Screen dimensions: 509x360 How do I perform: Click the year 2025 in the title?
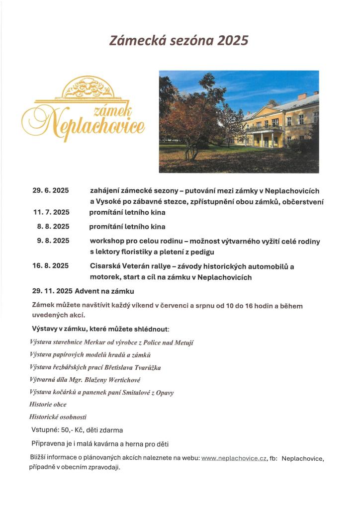pyautogui.click(x=230, y=41)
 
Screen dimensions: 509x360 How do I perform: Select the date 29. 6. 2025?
pyautogui.click(x=51, y=191)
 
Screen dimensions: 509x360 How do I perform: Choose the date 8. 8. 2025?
pyautogui.click(x=53, y=226)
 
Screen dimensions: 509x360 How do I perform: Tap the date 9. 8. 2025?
pyautogui.click(x=53, y=241)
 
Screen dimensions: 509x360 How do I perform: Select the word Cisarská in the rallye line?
pyautogui.click(x=105, y=266)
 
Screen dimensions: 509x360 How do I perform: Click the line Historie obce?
pyautogui.click(x=48, y=405)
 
